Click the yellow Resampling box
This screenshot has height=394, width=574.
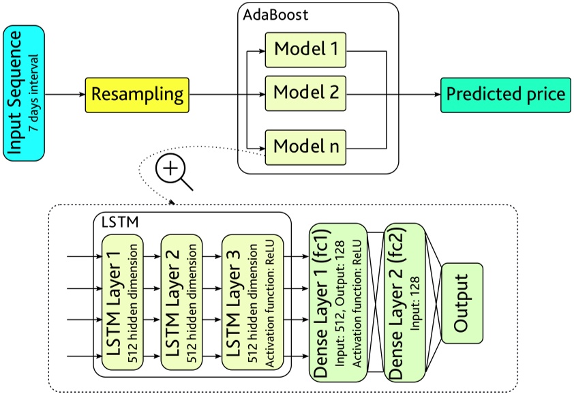(x=137, y=93)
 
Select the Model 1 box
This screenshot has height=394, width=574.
(x=306, y=50)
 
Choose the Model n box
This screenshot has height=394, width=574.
(x=306, y=145)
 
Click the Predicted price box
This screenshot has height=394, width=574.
(x=504, y=93)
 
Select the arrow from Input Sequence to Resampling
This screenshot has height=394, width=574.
(x=65, y=93)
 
